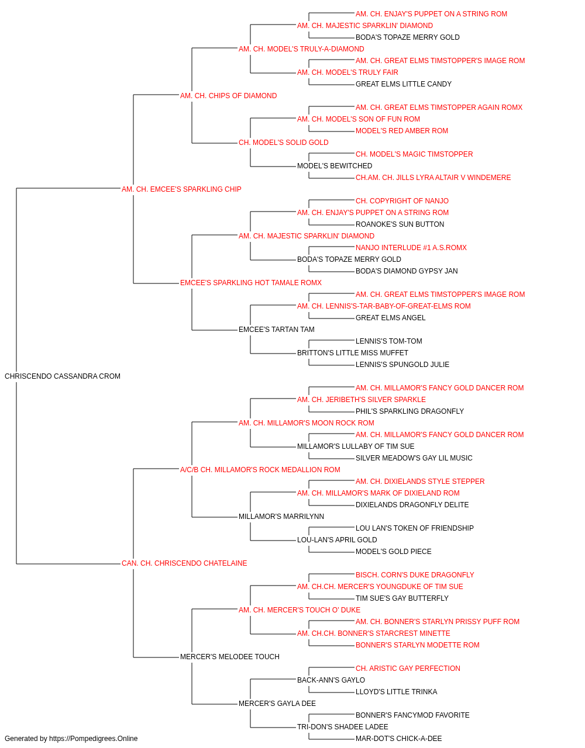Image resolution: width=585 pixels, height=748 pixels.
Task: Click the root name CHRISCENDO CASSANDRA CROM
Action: (x=63, y=376)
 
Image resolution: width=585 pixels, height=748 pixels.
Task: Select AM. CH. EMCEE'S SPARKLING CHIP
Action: (x=181, y=189)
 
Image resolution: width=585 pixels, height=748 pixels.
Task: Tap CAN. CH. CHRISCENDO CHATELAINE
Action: (x=184, y=563)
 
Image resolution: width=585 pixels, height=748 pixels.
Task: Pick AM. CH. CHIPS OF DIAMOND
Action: (x=228, y=96)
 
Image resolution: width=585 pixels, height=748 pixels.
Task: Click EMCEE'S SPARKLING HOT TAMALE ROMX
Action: (x=251, y=283)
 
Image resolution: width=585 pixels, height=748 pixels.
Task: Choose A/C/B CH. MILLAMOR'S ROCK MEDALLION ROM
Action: (x=260, y=469)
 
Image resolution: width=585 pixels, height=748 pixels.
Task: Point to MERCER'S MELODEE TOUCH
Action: (x=230, y=656)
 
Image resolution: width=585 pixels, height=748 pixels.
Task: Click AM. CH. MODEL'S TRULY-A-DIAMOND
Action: (x=301, y=49)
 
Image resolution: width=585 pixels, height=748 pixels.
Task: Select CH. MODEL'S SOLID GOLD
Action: (x=284, y=143)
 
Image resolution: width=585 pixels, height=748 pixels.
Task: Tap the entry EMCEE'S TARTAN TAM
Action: (x=277, y=330)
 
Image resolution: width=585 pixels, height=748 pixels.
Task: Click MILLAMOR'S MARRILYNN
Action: (x=281, y=517)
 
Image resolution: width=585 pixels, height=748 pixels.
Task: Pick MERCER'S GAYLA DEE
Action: (x=277, y=703)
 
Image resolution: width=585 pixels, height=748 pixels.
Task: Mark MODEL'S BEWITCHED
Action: (x=335, y=166)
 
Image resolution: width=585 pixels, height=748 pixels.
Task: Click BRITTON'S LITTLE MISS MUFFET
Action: (x=353, y=353)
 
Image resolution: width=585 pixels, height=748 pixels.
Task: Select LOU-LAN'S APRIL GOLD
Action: (x=338, y=540)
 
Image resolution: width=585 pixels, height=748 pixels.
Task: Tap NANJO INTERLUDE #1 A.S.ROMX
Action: (x=411, y=248)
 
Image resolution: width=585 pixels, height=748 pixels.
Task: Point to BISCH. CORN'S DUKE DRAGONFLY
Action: (x=415, y=575)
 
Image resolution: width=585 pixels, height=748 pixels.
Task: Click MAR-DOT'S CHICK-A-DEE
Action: (x=399, y=739)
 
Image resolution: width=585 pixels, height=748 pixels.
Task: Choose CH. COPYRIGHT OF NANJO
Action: (x=402, y=200)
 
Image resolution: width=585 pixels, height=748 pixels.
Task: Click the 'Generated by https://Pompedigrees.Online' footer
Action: (x=71, y=739)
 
